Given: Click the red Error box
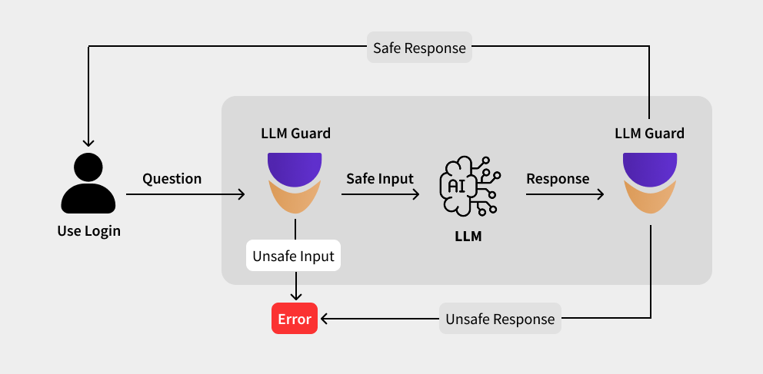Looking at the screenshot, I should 295,319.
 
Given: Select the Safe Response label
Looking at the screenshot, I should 419,48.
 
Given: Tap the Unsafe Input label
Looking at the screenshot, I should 293,256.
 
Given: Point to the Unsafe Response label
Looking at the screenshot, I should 500,319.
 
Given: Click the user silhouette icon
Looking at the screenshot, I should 88,185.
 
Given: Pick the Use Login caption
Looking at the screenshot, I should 88,230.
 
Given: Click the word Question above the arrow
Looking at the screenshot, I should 172,179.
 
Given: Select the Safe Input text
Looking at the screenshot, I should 380,179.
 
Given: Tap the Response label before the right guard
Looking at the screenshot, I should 558,179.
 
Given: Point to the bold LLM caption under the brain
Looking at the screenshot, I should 468,237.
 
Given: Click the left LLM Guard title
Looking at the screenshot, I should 295,134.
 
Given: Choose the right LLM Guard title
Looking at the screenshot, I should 649,134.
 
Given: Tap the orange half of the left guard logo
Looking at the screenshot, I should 295,201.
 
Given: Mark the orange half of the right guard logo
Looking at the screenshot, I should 650,201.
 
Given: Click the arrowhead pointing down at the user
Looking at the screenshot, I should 88,143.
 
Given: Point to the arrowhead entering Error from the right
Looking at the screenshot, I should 325,318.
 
